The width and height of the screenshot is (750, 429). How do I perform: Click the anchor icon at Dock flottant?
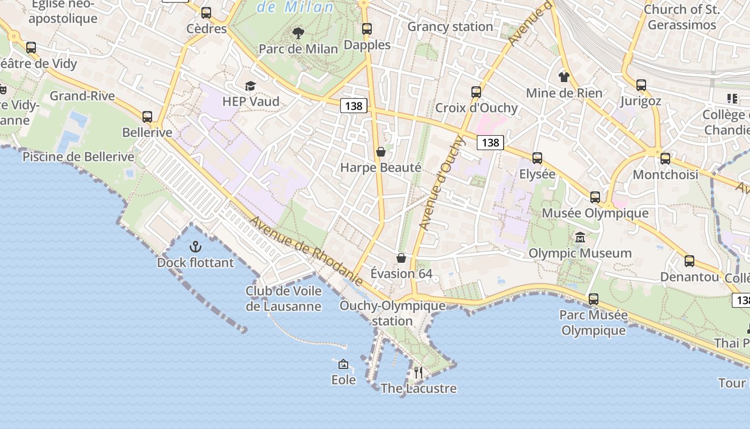(196, 247)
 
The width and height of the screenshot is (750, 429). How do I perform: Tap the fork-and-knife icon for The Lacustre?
(418, 372)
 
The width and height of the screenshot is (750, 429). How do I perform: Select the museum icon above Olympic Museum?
(580, 237)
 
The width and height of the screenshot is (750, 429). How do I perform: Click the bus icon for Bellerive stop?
(147, 116)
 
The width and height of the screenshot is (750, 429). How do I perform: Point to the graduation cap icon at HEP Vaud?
(250, 86)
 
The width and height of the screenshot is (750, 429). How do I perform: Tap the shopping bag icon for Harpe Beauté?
(381, 152)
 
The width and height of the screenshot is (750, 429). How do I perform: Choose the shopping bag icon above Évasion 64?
(401, 258)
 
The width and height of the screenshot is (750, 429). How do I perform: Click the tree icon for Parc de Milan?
(298, 33)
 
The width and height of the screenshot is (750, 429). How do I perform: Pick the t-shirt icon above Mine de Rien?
(564, 77)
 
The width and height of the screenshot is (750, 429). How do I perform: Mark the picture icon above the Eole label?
(343, 365)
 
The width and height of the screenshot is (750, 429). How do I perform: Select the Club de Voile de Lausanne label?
(283, 299)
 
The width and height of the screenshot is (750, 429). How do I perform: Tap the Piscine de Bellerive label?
(78, 157)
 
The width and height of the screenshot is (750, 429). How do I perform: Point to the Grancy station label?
(450, 26)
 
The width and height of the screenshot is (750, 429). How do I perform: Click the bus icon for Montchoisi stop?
(665, 159)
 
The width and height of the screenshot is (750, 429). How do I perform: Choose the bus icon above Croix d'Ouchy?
(476, 92)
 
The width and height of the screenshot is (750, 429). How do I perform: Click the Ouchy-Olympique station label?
(392, 313)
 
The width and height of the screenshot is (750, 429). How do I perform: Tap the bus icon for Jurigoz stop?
(641, 85)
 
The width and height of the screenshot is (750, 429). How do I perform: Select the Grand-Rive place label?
(82, 96)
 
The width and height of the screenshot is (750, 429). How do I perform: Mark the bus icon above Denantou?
(689, 261)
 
